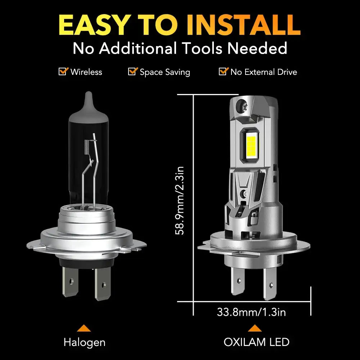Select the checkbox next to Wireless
63,71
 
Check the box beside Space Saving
132,71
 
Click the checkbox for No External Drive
223,71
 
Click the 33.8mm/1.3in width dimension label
251,312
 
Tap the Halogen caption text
84,342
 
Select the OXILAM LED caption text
256,342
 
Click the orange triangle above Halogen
84,328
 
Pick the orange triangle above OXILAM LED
255,328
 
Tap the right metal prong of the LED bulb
270,284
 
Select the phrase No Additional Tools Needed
180,48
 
